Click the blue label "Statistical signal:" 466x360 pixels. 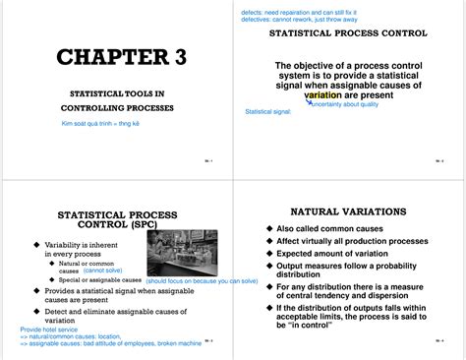click(267, 111)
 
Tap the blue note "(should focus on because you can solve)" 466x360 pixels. click(202, 280)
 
